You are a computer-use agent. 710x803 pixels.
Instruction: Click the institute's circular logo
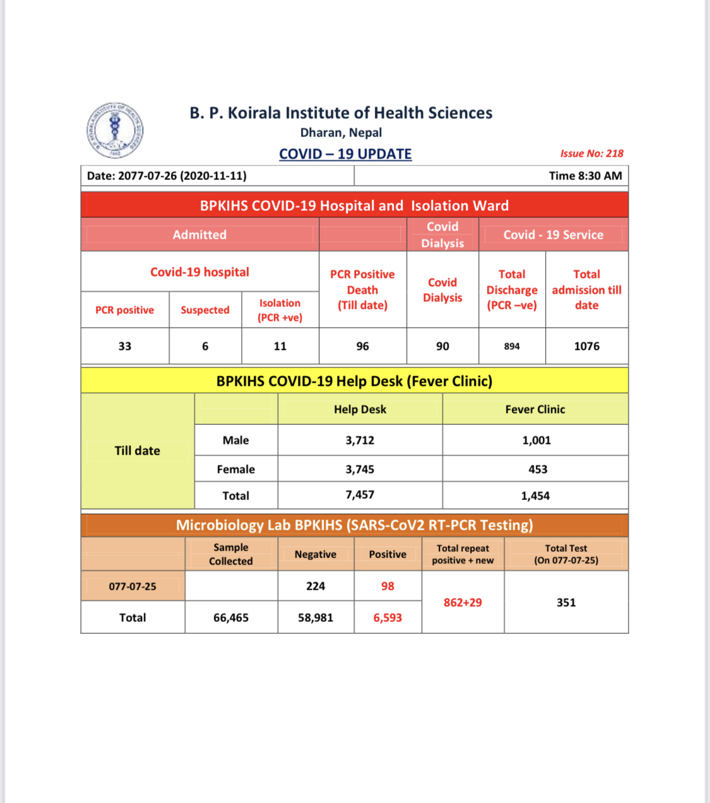(115, 131)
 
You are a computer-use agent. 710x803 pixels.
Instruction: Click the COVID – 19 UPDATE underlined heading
(345, 154)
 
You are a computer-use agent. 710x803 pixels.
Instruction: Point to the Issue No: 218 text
(591, 153)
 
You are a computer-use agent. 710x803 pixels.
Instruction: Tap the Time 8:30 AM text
(585, 175)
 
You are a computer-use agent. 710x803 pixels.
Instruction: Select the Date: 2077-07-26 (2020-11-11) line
(167, 175)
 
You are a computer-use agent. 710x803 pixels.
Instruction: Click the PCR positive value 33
(125, 346)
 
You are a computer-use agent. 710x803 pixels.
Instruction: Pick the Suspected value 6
(205, 346)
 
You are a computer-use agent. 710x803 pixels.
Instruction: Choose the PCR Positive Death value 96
(362, 346)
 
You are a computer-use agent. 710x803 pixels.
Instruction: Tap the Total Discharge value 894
(512, 346)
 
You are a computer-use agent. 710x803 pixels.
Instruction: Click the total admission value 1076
(586, 346)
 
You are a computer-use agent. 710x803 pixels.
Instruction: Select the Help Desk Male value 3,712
(360, 440)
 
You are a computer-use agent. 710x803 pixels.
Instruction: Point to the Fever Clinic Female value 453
(538, 469)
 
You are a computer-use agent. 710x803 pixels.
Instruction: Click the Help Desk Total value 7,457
(360, 495)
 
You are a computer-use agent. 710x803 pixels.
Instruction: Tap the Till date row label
(138, 451)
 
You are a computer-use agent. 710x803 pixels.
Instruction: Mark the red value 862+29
(463, 602)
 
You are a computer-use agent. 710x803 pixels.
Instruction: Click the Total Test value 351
(566, 602)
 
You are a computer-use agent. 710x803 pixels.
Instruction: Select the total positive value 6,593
(388, 617)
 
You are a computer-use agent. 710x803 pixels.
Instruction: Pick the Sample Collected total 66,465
(231, 617)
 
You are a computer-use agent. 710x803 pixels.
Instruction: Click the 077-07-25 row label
(133, 586)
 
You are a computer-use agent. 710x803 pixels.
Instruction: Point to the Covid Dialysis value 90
(442, 346)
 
